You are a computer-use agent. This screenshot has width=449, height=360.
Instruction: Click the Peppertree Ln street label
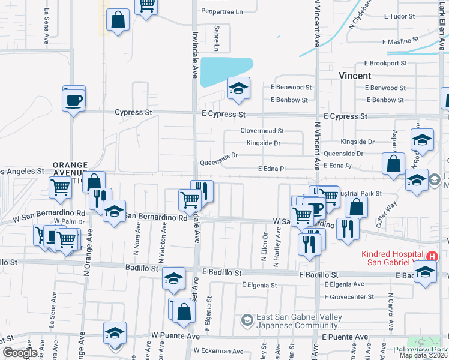pyautogui.click(x=222, y=11)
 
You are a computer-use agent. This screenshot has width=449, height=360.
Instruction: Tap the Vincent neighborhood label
pyautogui.click(x=355, y=76)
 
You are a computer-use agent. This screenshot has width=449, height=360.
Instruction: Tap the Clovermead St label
pyautogui.click(x=262, y=130)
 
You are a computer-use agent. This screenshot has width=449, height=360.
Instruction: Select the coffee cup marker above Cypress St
pyautogui.click(x=74, y=100)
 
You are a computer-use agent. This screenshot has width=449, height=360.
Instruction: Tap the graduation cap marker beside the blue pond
pyautogui.click(x=238, y=89)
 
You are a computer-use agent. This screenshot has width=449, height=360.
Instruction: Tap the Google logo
pyautogui.click(x=20, y=353)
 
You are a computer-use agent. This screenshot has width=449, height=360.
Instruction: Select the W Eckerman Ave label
pyautogui.click(x=220, y=352)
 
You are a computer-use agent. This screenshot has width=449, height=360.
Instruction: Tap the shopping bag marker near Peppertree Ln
pyautogui.click(x=118, y=20)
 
